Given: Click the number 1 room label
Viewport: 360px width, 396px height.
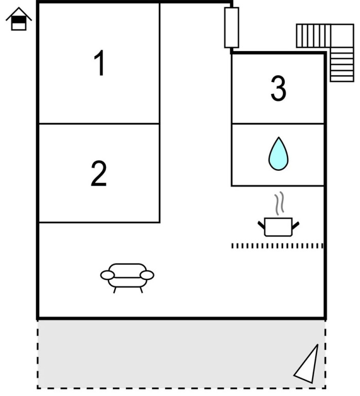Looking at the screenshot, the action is (99, 62).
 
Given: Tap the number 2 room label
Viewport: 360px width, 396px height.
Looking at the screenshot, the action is (99, 173).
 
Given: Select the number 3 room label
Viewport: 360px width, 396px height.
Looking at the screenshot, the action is (279, 88).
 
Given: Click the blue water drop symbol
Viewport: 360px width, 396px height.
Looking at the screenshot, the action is (278, 154).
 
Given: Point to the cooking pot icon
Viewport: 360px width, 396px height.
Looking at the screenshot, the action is (278, 227).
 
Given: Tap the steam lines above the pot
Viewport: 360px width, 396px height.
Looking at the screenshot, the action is (279, 203).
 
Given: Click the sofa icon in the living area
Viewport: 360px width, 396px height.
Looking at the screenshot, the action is (127, 278).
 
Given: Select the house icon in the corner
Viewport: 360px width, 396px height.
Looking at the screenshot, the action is (19, 19).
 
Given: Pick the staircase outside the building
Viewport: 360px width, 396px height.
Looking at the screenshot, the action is (325, 53).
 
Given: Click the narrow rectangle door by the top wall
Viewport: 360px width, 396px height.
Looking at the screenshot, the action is (232, 27).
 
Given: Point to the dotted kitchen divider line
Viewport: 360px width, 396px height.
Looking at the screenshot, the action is (278, 246).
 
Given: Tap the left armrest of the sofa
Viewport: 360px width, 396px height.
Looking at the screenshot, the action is (108, 275).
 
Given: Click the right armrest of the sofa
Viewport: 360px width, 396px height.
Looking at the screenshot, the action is (147, 275).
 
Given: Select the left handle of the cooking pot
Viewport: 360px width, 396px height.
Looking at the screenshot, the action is (261, 225).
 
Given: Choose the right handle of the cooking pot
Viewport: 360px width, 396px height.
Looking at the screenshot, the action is (296, 225).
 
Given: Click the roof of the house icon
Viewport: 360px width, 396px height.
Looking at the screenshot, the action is (19, 13).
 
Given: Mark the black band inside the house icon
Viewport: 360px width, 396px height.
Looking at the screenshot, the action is (19, 20).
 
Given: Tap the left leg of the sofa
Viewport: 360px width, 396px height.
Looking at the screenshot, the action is (115, 290).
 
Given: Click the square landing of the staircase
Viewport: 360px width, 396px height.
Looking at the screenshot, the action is (342, 36).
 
